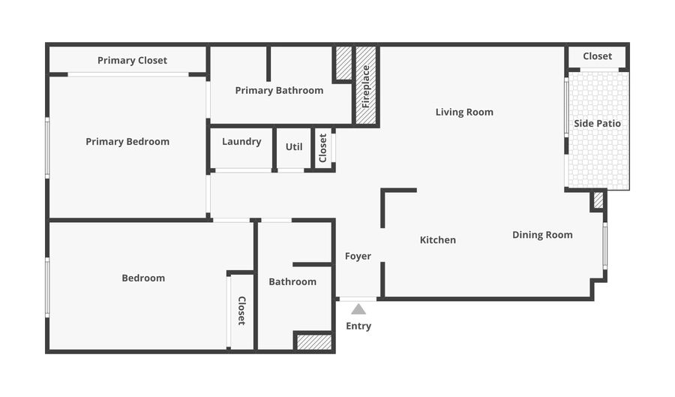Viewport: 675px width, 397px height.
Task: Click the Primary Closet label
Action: [x=132, y=60]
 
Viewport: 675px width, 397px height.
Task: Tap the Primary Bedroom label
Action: [x=127, y=142]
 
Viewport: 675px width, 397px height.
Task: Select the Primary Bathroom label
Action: [x=279, y=91]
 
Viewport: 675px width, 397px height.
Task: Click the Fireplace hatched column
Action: [x=365, y=86]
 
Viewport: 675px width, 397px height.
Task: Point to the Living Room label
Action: [x=464, y=113]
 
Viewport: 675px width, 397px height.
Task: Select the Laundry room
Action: [x=241, y=142]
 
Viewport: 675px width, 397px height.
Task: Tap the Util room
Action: [x=294, y=147]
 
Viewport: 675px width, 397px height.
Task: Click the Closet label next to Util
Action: [x=323, y=148]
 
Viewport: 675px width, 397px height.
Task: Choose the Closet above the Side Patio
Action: [x=597, y=56]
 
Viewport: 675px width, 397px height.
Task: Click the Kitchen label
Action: [x=437, y=240]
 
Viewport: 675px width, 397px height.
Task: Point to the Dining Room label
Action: [x=542, y=235]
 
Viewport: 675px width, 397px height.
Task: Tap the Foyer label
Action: [x=358, y=257]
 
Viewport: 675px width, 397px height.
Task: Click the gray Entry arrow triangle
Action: [x=358, y=309]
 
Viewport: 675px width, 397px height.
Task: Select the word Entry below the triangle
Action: [x=358, y=326]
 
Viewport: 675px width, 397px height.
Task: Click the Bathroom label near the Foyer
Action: [x=292, y=282]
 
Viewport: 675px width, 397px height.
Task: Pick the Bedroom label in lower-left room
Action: [x=143, y=278]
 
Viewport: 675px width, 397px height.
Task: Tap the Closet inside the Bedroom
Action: [x=241, y=311]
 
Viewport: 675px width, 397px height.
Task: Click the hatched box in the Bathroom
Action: [x=313, y=342]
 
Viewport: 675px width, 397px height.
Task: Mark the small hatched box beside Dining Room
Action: [x=598, y=200]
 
